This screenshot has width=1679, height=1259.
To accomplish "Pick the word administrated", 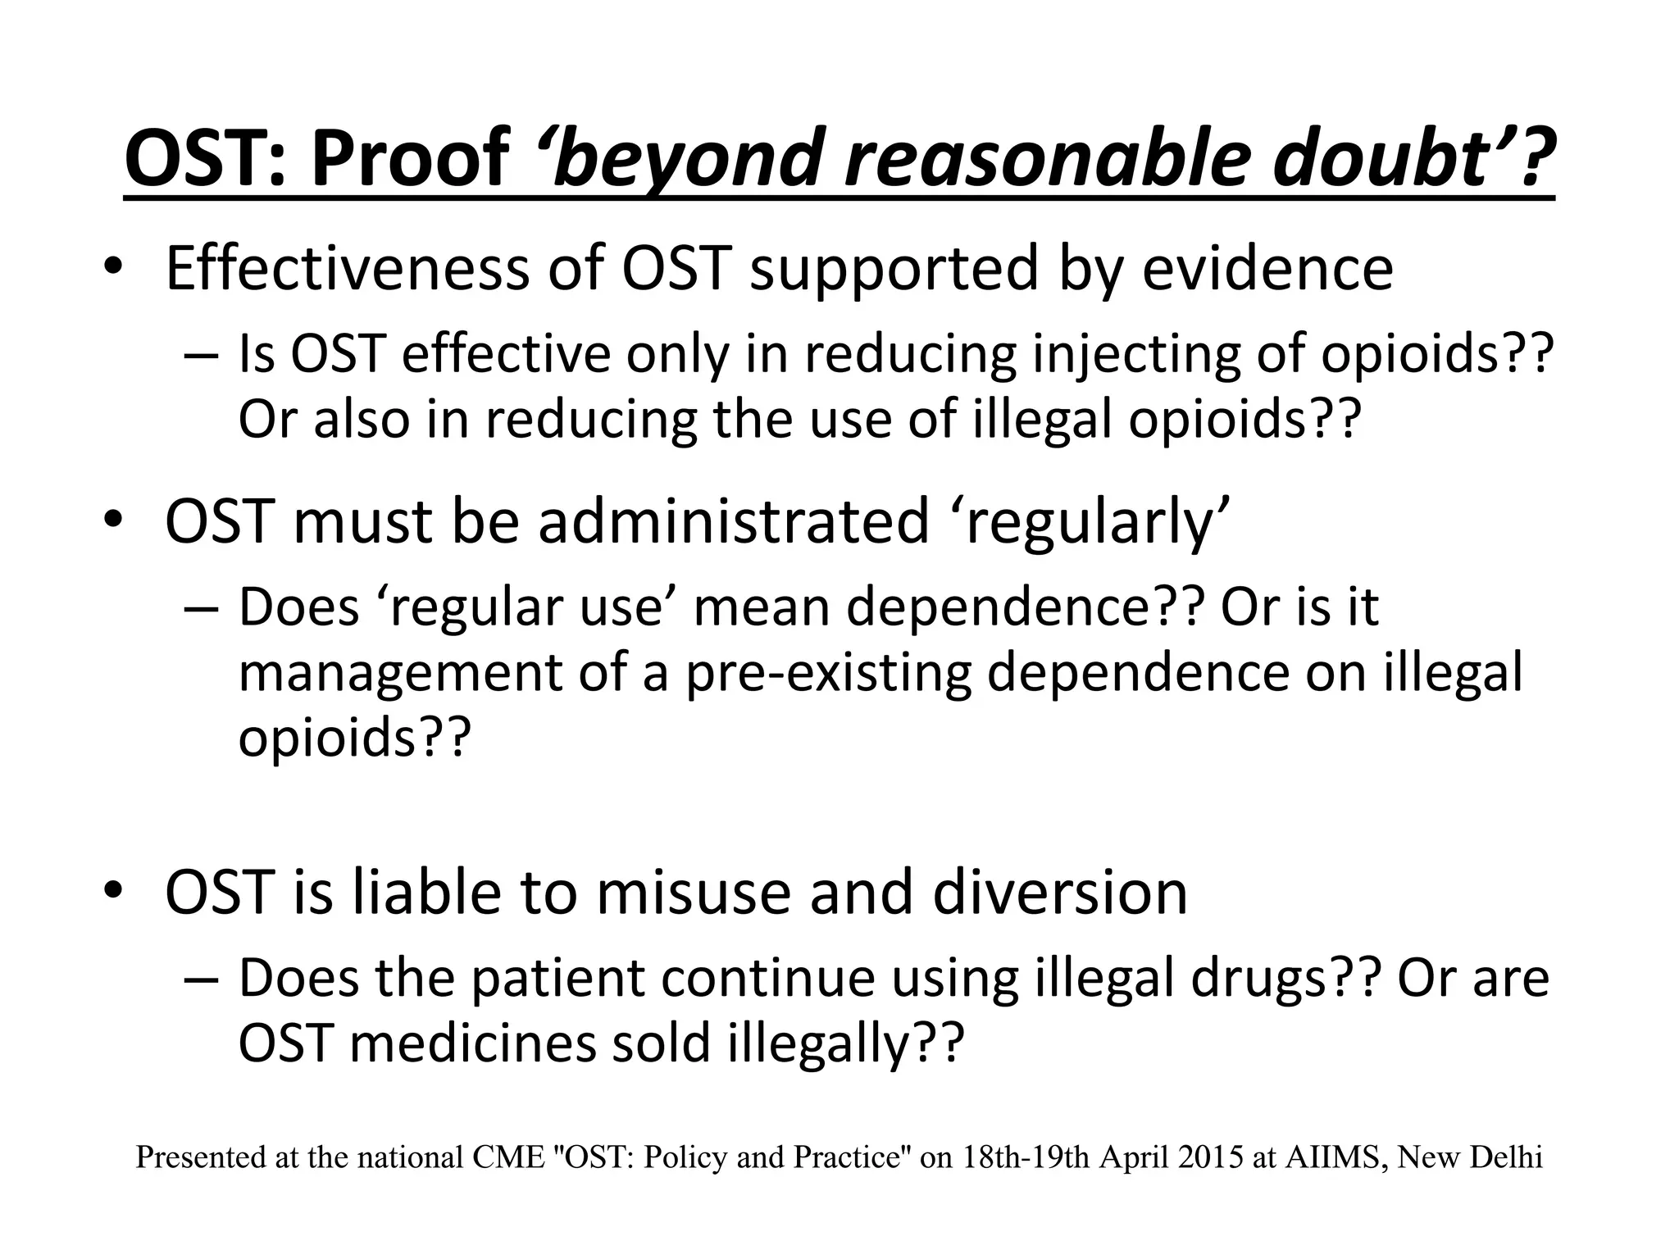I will (x=733, y=522).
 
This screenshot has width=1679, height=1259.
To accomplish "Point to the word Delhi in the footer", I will (x=1512, y=1157).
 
